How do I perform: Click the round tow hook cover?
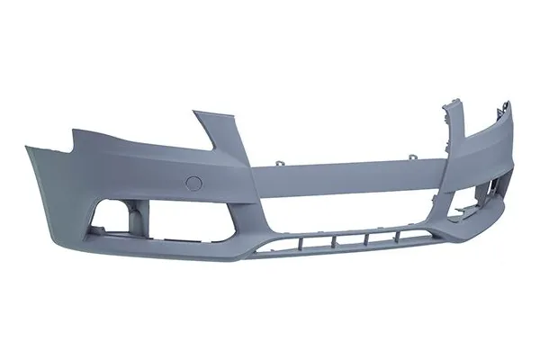(193, 183)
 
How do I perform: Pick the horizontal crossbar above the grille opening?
(351, 170)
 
